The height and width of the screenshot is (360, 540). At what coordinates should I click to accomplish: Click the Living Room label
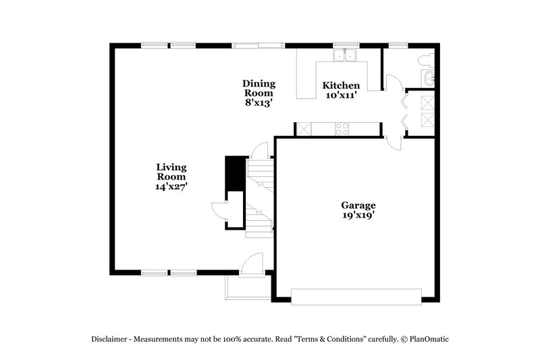(x=171, y=167)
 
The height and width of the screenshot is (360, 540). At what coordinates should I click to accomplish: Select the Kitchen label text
(x=341, y=86)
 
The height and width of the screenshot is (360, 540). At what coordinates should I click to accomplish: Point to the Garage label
(x=358, y=205)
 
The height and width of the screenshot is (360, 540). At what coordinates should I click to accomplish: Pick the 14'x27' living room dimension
(x=171, y=186)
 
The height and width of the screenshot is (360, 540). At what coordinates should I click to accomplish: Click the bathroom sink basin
(x=433, y=80)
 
